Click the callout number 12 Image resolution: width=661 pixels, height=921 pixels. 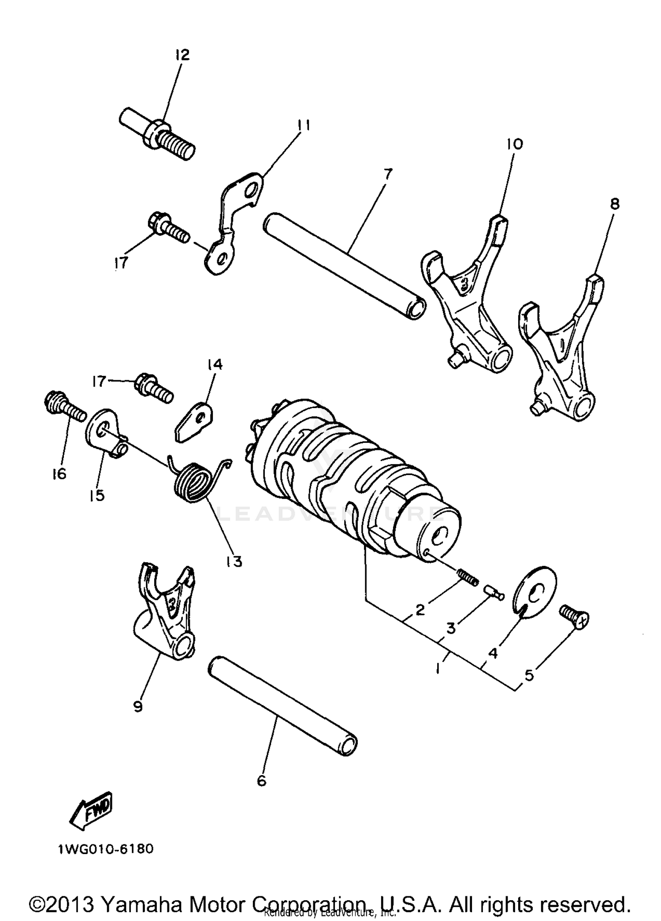point(182,55)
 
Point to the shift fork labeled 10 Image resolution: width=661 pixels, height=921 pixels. point(467,304)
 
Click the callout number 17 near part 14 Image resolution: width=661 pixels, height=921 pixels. point(100,381)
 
